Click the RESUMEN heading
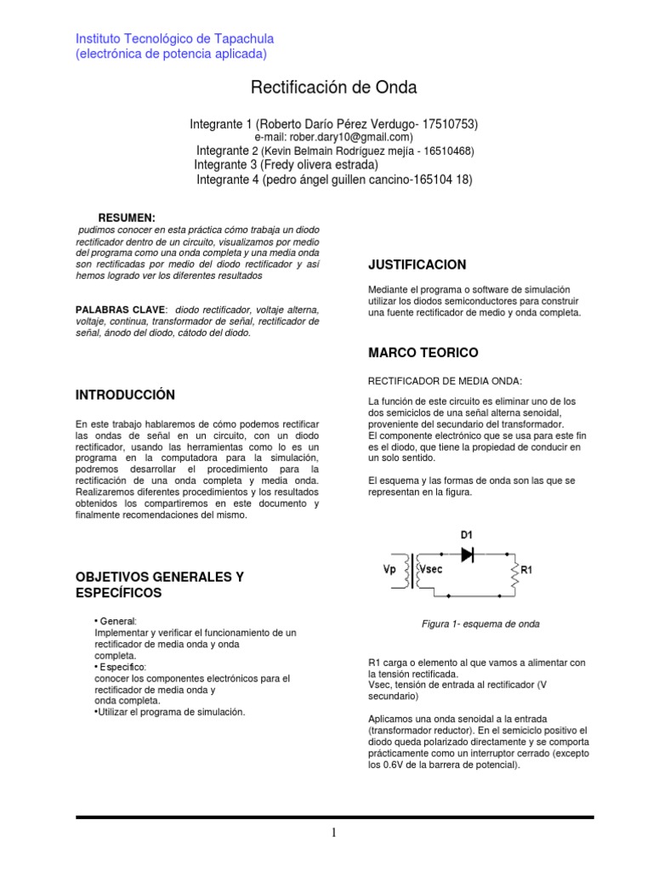(127, 218)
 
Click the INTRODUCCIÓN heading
(125, 395)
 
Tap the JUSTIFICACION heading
(417, 265)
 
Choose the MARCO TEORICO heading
(423, 352)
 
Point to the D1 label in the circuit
(466, 535)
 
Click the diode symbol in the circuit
(467, 554)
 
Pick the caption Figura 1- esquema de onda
(480, 623)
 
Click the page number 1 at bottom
(335, 834)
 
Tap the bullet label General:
(117, 621)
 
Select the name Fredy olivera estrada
(319, 165)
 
